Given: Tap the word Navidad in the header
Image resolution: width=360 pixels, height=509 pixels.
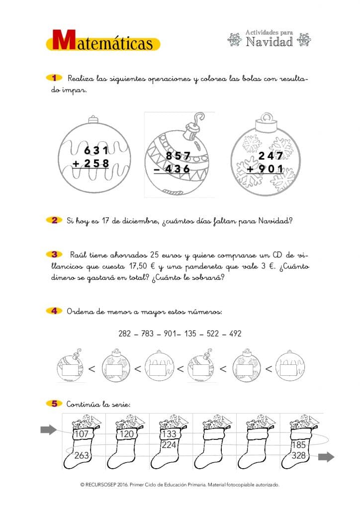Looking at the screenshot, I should [x=270, y=42].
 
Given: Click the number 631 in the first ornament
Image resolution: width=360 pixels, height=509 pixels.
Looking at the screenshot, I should [x=96, y=150].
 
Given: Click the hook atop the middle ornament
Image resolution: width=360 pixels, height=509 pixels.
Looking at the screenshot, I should [x=199, y=120].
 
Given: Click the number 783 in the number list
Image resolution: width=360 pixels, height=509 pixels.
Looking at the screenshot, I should [x=148, y=334].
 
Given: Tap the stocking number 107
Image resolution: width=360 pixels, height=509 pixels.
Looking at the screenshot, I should [x=81, y=434].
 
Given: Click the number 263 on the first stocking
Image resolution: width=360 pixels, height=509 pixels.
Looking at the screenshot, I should [x=82, y=456].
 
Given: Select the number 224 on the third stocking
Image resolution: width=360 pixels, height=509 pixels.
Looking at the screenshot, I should [x=169, y=445].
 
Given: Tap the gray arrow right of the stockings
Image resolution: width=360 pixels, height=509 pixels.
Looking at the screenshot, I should [x=326, y=457].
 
